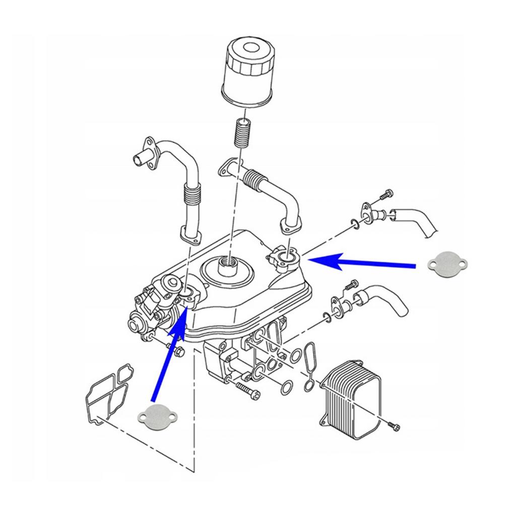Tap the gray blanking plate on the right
pos(448,264)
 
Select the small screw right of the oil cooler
pos(394,426)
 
